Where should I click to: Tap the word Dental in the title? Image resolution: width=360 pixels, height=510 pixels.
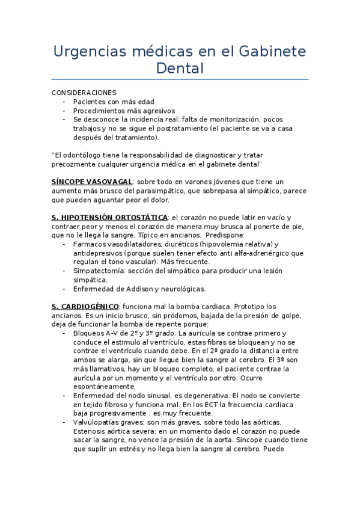(180, 68)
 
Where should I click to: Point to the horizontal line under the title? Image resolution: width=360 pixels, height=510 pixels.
(180, 79)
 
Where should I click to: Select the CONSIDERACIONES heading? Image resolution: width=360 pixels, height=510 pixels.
(84, 93)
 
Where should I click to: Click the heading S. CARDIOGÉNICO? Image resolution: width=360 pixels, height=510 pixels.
(85, 306)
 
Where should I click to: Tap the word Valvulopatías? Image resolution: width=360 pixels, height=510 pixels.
(97, 422)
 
